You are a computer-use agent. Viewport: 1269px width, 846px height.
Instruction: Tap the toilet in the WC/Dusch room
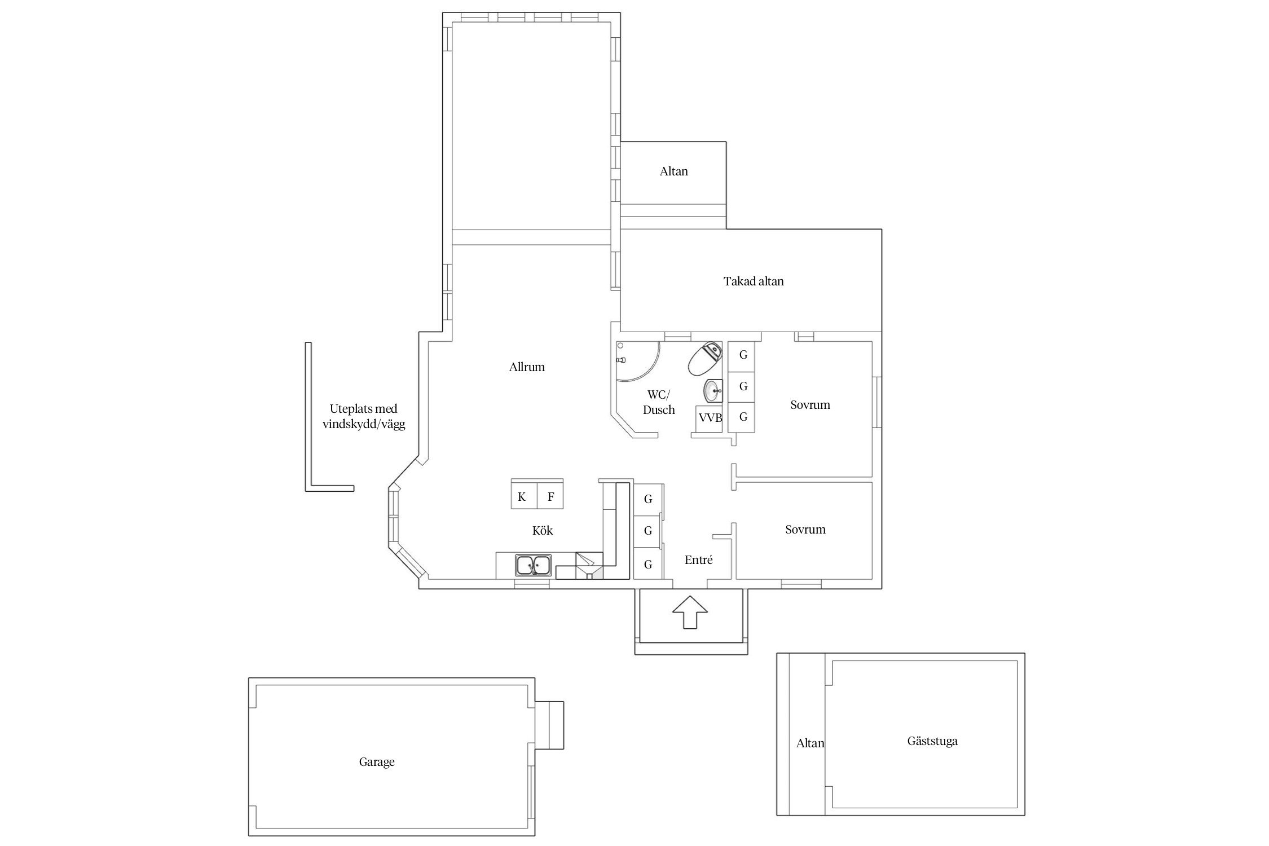pos(705,358)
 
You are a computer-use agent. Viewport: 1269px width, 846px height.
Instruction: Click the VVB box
pos(710,418)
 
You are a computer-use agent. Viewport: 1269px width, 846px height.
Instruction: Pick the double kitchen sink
pos(533,565)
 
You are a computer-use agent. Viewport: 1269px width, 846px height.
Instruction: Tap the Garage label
pos(377,762)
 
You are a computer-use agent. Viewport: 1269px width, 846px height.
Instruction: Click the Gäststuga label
pos(932,741)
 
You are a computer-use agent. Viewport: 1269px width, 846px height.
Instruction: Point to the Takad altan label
pos(754,281)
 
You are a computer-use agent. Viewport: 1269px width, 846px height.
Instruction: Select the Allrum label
pos(527,367)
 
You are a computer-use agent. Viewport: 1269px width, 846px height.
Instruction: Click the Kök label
pos(543,530)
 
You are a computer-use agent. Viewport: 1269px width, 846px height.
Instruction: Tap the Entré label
pos(699,560)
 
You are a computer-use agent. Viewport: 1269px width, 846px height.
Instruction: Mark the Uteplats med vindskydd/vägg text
pos(364,417)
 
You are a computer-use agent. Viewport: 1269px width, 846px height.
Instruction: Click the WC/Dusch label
pos(659,402)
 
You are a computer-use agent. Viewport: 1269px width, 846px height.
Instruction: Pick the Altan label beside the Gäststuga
pos(810,743)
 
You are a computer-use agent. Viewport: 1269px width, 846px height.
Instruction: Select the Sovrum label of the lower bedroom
pos(805,530)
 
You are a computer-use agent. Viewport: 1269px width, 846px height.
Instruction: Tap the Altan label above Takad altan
pos(674,171)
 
